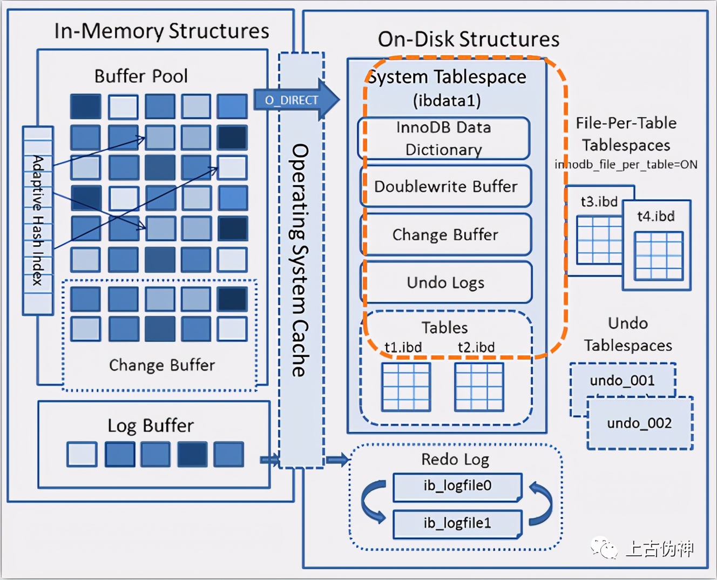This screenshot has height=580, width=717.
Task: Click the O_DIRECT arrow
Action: pyautogui.click(x=296, y=100)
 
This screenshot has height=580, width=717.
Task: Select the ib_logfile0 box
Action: pyautogui.click(x=457, y=487)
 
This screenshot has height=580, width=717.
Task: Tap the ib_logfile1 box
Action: pyautogui.click(x=457, y=524)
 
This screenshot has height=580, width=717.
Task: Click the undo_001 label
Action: pyautogui.click(x=622, y=380)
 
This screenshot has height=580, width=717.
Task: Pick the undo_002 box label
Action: pyautogui.click(x=639, y=423)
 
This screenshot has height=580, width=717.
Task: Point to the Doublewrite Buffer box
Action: pyautogui.click(x=446, y=186)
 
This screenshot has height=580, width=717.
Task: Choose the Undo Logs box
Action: pyautogui.click(x=446, y=282)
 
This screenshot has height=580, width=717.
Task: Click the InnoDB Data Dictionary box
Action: pyautogui.click(x=444, y=138)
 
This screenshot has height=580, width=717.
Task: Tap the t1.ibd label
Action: pyautogui.click(x=403, y=347)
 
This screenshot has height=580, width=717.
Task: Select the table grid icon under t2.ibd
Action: pyautogui.click(x=479, y=387)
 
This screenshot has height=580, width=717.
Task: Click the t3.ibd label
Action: pyautogui.click(x=599, y=201)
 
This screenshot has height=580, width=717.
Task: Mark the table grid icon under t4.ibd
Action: pyautogui.click(x=659, y=256)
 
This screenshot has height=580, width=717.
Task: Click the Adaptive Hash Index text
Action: pyautogui.click(x=38, y=220)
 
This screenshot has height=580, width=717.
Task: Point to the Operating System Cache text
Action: pyautogui.click(x=299, y=260)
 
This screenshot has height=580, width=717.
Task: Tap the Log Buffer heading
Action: pyautogui.click(x=151, y=426)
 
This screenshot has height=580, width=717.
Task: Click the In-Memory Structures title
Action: pyautogui.click(x=161, y=31)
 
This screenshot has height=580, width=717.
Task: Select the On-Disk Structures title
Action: pyautogui.click(x=469, y=39)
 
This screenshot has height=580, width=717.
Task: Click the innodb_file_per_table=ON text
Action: pyautogui.click(x=626, y=165)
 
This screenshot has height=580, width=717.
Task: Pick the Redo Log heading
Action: pyautogui.click(x=455, y=460)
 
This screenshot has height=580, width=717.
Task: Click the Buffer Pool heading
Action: pyautogui.click(x=141, y=76)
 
